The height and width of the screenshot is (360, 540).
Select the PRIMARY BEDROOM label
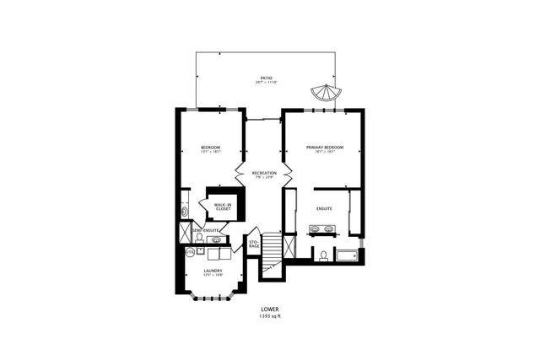coord(325,148)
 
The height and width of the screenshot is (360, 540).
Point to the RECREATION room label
coord(264,172)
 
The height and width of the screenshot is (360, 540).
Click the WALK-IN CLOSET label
coord(223,207)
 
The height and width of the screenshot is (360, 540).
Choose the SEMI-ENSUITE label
coord(206,230)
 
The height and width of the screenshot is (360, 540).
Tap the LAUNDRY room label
coord(212,271)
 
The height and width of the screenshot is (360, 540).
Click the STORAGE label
coord(253,244)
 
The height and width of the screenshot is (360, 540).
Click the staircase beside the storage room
coord(272,251)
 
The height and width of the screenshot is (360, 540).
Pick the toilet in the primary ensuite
coord(323,255)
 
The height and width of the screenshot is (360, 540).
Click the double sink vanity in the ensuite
coord(325,229)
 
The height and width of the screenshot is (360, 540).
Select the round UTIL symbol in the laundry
coord(190,251)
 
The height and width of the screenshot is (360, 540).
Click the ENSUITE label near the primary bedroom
coord(325,207)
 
